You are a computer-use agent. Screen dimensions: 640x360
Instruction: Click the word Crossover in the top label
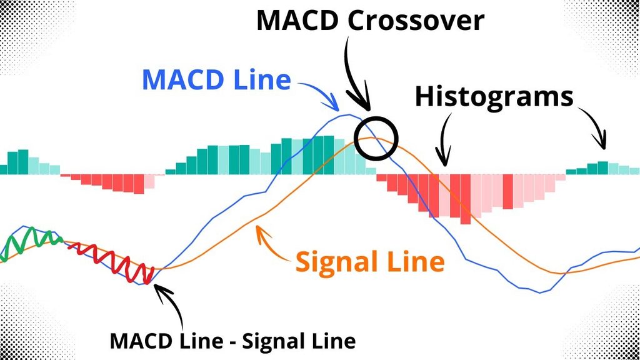[x=416, y=21]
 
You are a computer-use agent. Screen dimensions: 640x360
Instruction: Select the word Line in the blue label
[x=262, y=79]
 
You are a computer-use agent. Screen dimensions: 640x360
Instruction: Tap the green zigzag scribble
[x=31, y=242]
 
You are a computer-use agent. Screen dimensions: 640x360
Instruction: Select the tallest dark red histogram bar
[x=465, y=199]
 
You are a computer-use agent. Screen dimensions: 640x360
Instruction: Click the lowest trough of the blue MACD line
[x=540, y=292]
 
